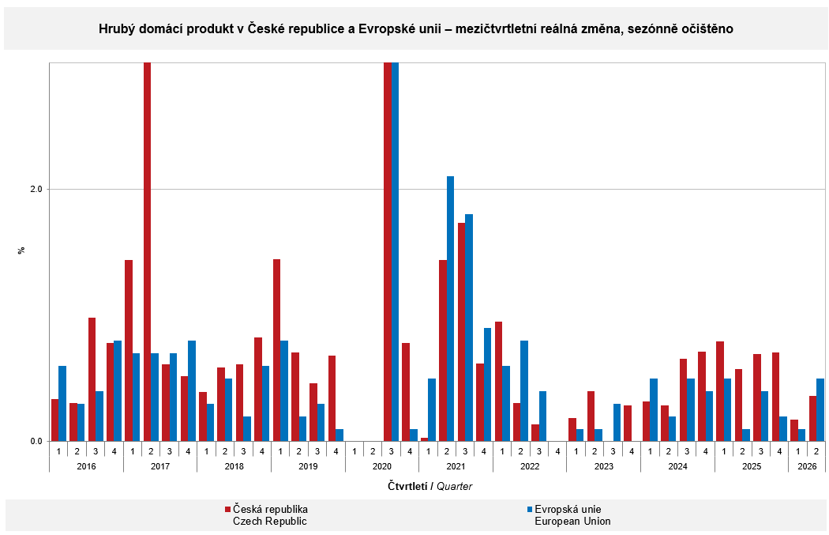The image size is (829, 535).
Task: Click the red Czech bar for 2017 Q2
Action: tap(147, 252)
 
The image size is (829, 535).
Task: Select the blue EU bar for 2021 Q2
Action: tap(451, 308)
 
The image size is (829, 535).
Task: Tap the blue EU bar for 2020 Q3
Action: tap(395, 252)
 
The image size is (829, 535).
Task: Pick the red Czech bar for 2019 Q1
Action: tap(276, 350)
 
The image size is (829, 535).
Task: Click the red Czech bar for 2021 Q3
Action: tap(462, 332)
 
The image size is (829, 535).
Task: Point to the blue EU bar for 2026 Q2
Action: tap(820, 409)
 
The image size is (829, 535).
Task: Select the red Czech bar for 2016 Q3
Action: tap(92, 379)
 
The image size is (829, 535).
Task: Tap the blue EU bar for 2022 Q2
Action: tap(524, 390)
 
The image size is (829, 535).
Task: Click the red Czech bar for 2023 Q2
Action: tap(591, 416)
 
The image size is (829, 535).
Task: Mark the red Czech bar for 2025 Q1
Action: tap(720, 391)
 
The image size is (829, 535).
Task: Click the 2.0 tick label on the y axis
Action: tap(36, 189)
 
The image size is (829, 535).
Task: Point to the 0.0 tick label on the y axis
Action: tap(36, 441)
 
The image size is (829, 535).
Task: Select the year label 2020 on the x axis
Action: tap(381, 466)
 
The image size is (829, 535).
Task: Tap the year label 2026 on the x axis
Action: tap(807, 466)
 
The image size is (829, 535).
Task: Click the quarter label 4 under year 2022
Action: tap(557, 451)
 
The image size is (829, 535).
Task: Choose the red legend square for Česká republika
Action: tap(228, 509)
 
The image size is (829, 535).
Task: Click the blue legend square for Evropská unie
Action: tap(529, 509)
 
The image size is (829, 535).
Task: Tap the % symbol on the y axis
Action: tap(21, 250)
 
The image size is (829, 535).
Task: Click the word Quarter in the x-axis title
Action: tap(454, 486)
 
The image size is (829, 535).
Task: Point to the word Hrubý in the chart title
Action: tap(114, 28)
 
